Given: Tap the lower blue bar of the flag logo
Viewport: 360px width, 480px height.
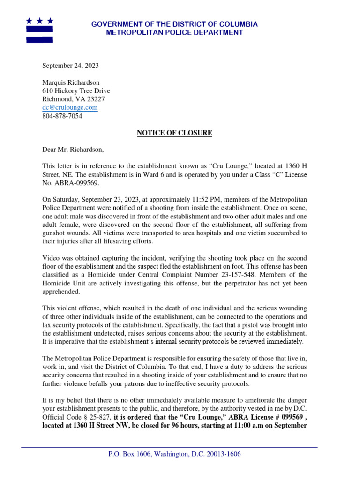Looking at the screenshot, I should click(x=39, y=39).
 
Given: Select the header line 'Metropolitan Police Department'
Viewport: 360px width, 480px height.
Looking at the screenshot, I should click(x=174, y=33).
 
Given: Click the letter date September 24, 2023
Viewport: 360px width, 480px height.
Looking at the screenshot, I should click(x=71, y=66).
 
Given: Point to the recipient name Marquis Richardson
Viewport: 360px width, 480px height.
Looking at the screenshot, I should click(x=71, y=82).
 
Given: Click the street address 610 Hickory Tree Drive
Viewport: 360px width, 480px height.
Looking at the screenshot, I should click(x=76, y=91).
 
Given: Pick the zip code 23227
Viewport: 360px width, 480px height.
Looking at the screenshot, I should click(x=96, y=99).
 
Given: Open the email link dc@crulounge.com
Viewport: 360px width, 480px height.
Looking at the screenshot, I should click(x=70, y=108).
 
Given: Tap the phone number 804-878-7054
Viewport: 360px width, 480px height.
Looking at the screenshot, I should click(x=62, y=116).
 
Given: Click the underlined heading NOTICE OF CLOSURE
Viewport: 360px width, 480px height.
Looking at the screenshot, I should click(x=174, y=133).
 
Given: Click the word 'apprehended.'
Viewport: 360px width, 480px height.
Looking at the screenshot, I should click(x=61, y=292).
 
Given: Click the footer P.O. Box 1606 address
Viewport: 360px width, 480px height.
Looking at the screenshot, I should click(x=174, y=454).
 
